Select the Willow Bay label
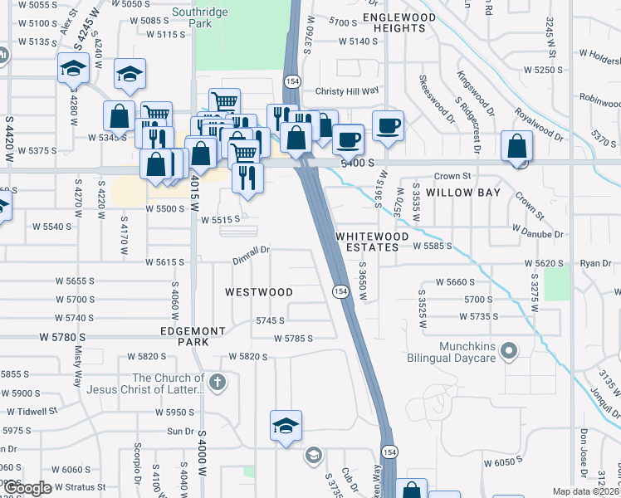[x=463, y=193]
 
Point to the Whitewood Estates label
[x=373, y=242]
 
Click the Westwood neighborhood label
[x=260, y=292]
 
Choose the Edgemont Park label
[x=193, y=336]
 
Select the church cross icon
[x=217, y=383]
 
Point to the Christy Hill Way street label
[x=345, y=92]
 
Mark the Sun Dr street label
[x=180, y=432]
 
